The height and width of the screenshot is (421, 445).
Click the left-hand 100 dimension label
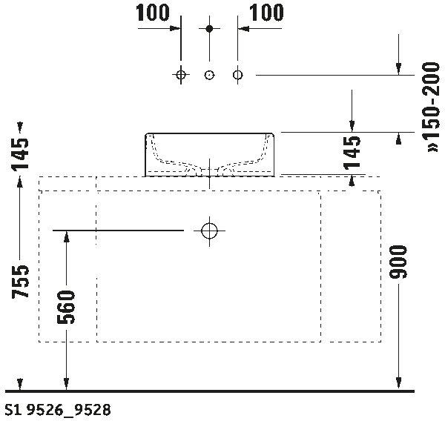(154, 13)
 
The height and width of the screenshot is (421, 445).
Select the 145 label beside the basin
(353, 153)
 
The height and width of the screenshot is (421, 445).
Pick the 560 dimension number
(66, 308)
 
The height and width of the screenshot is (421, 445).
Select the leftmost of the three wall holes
(180, 75)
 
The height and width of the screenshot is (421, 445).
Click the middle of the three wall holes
(209, 75)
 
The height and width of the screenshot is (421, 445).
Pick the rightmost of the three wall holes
(237, 75)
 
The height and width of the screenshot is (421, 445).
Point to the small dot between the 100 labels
(209, 28)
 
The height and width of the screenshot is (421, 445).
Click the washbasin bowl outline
(209, 152)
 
